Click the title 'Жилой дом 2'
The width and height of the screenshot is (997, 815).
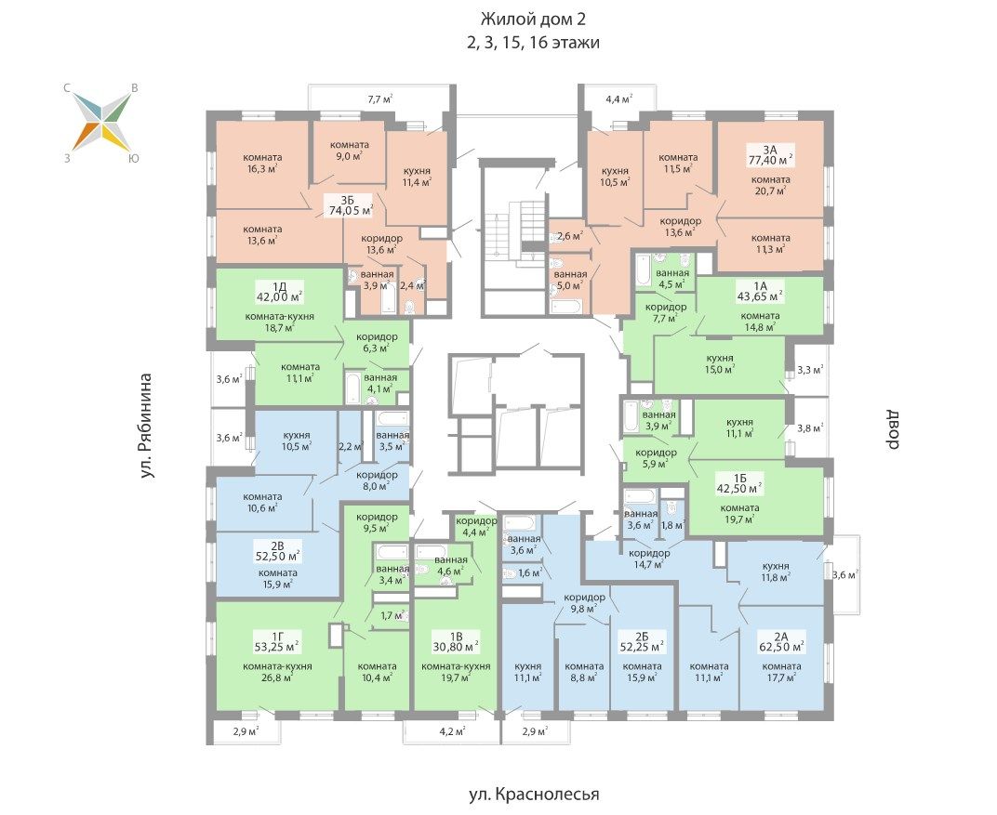pyautogui.click(x=533, y=20)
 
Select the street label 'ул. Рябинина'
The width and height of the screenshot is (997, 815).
pyautogui.click(x=147, y=426)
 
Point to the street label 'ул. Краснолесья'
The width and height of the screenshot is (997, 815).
pyautogui.click(x=534, y=794)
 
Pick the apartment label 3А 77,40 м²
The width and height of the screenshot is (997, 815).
pyautogui.click(x=770, y=154)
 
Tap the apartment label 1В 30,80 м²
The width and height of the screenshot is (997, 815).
pyautogui.click(x=456, y=641)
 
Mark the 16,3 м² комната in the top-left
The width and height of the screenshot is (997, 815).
pyautogui.click(x=262, y=163)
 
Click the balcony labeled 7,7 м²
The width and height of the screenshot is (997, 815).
pyautogui.click(x=379, y=99)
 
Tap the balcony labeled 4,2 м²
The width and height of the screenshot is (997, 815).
pyautogui.click(x=451, y=730)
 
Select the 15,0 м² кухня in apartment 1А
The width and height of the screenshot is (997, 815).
pyautogui.click(x=719, y=363)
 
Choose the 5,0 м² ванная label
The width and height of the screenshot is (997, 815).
pyautogui.click(x=570, y=280)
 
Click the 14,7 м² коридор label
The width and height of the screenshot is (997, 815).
pyautogui.click(x=649, y=558)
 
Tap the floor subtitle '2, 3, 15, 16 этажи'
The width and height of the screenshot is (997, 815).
pyautogui.click(x=533, y=43)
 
